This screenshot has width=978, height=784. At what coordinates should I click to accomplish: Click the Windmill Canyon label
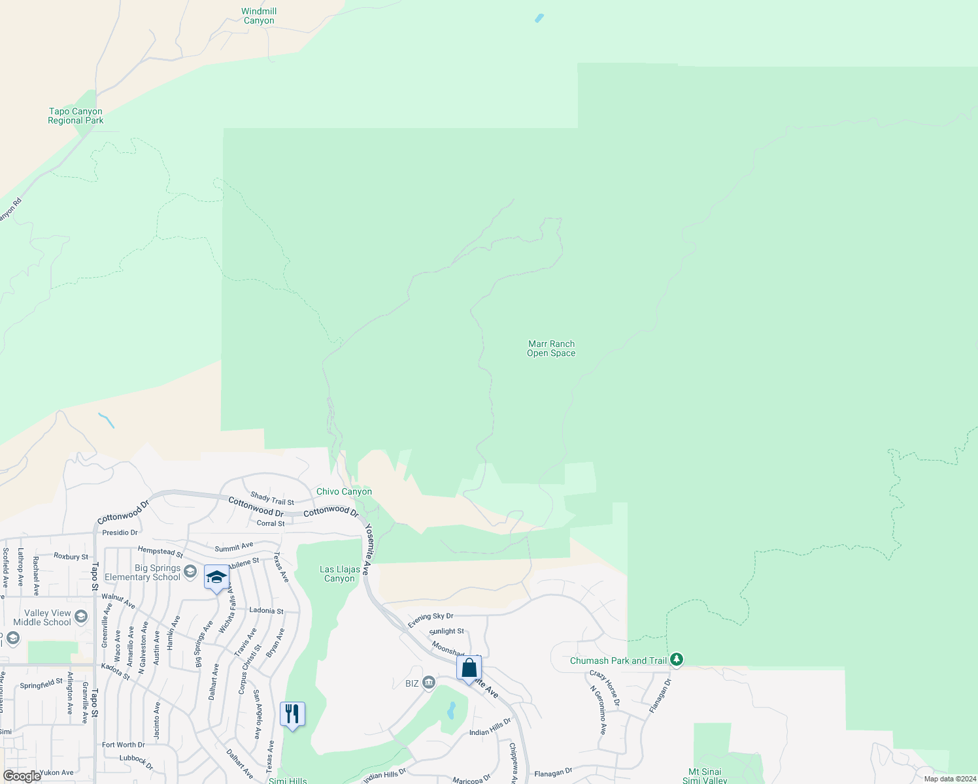click(x=259, y=16)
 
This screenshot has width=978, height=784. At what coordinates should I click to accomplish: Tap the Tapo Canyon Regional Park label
click(x=76, y=116)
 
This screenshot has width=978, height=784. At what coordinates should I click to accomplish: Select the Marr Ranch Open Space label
click(x=551, y=348)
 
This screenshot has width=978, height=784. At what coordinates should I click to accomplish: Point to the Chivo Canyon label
click(x=344, y=491)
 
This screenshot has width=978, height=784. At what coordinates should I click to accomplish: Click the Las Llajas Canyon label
click(x=339, y=574)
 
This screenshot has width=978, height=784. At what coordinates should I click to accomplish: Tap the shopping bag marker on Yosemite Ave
click(x=469, y=668)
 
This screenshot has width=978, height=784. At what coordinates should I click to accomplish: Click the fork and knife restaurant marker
click(x=292, y=713)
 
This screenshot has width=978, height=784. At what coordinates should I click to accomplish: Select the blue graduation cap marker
click(x=216, y=578)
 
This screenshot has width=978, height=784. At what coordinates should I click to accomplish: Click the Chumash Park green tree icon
click(x=677, y=660)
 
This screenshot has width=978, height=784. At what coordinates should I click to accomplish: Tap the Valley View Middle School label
click(x=43, y=617)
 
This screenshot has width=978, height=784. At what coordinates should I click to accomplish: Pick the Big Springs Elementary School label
click(x=143, y=572)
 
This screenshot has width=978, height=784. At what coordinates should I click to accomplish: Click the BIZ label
click(x=412, y=683)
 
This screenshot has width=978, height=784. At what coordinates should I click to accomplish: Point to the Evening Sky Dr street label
click(x=430, y=620)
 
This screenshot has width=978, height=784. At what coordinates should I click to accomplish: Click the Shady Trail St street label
click(x=272, y=498)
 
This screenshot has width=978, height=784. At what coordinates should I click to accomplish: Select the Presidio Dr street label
click(x=120, y=532)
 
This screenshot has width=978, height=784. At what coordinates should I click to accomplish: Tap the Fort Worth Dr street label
click(x=123, y=745)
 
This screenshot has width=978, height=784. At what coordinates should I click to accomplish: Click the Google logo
click(x=22, y=776)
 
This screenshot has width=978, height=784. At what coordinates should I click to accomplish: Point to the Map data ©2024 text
click(x=950, y=779)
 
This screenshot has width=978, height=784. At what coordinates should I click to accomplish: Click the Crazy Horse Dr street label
click(x=605, y=688)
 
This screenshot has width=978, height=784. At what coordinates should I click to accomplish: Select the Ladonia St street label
click(x=266, y=610)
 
